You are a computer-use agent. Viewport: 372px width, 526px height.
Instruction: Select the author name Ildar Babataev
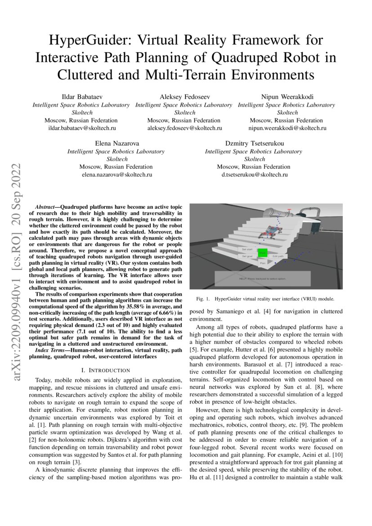click(81, 97)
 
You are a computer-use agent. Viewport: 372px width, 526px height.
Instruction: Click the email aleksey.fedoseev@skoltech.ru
click(184, 128)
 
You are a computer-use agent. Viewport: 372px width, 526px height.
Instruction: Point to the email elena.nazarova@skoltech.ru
click(117, 174)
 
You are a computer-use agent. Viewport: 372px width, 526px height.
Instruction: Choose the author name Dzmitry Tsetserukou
click(255, 144)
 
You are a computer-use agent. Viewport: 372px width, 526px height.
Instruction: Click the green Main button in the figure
click(263, 254)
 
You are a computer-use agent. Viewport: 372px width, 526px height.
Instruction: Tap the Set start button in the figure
click(247, 249)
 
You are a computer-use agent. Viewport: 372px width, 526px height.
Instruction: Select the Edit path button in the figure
click(278, 256)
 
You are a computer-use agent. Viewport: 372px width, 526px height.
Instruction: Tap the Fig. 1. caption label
click(203, 299)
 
